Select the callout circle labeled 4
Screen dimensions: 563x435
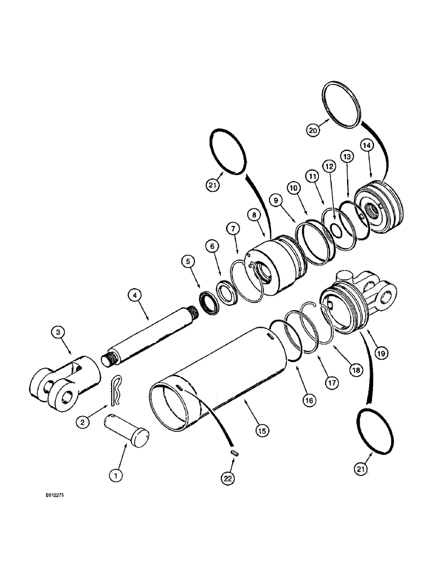coord(133,294)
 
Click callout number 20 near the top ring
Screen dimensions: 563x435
coord(313,129)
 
